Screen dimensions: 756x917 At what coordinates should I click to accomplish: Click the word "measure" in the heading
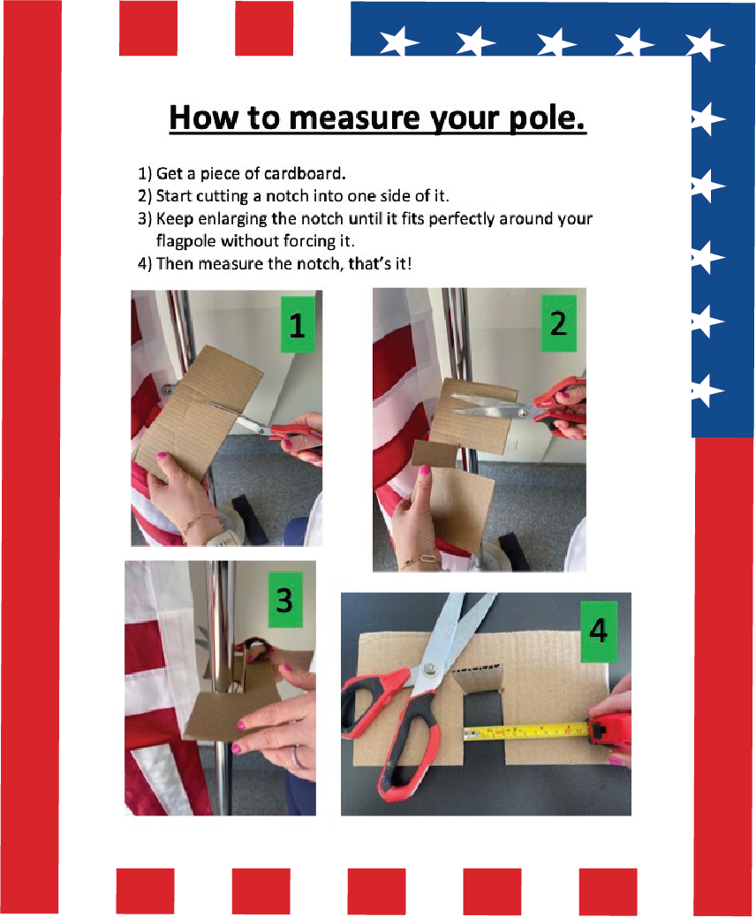(x=354, y=117)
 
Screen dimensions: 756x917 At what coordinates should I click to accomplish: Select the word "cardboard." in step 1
(x=305, y=174)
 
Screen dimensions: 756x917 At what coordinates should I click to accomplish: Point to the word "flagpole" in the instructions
(x=185, y=241)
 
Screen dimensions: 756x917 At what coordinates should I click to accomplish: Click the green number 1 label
(x=297, y=324)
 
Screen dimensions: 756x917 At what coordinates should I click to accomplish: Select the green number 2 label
(x=559, y=323)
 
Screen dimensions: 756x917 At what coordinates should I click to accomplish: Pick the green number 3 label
(x=284, y=600)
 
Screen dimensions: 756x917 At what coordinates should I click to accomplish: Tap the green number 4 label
(x=599, y=631)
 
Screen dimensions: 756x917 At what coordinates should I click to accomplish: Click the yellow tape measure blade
(x=525, y=731)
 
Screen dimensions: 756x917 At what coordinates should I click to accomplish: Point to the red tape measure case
(x=609, y=730)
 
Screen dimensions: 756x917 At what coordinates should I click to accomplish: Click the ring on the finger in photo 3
(x=297, y=758)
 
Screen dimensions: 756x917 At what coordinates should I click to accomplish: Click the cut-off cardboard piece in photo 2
(x=435, y=454)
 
